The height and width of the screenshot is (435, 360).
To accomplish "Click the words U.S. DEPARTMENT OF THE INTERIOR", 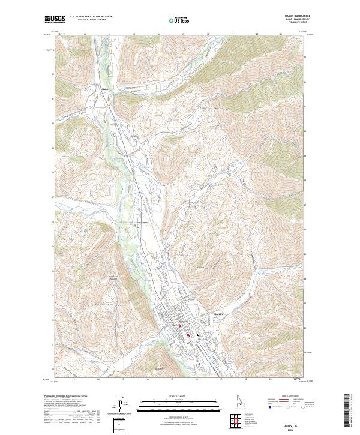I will click(90, 17).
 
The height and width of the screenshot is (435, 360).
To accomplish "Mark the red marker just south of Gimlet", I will click(109, 106).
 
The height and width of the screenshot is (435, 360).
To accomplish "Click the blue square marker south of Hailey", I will click(199, 364).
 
